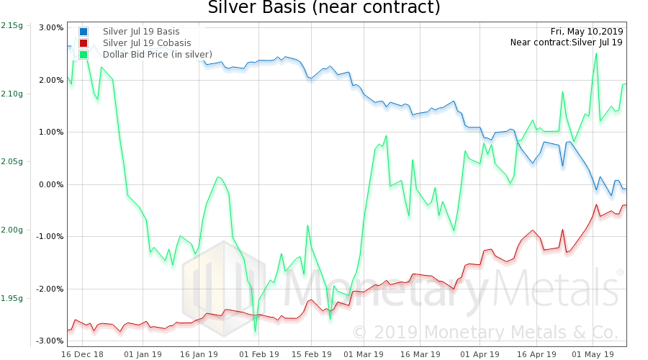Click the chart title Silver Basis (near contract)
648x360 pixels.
tap(323, 9)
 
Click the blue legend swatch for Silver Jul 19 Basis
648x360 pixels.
tap(84, 32)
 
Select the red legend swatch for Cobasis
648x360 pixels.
tap(84, 42)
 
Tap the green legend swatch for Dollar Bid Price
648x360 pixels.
tap(84, 54)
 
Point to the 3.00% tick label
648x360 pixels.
tap(51, 27)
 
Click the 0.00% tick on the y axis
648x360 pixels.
tap(51, 184)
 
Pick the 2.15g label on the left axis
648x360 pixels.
tap(12, 26)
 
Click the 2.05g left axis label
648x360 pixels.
tap(12, 162)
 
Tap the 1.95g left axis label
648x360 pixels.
tap(12, 298)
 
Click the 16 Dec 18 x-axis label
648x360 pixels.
tap(83, 354)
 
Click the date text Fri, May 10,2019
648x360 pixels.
tap(587, 32)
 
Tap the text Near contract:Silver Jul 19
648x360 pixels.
tap(566, 42)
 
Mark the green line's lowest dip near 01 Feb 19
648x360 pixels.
tap(255, 332)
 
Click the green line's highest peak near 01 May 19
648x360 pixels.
tap(596, 53)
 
